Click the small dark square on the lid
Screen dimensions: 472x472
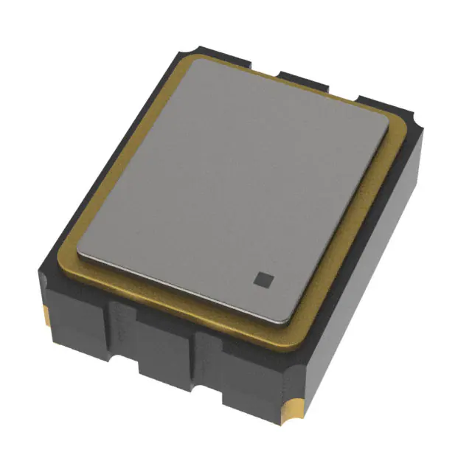click(x=263, y=278)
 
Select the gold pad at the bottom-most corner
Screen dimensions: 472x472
click(x=293, y=409)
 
